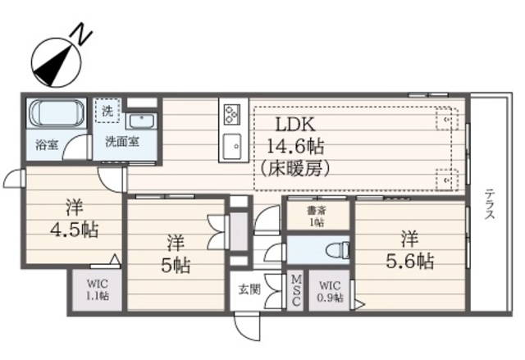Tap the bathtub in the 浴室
[x=55, y=113]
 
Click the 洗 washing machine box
[x=106, y=109]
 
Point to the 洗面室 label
[x=121, y=141]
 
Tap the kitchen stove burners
[x=231, y=112]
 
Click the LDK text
[x=294, y=125]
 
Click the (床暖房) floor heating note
[x=295, y=170]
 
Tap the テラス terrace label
[x=489, y=205]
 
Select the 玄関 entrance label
[x=249, y=289]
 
